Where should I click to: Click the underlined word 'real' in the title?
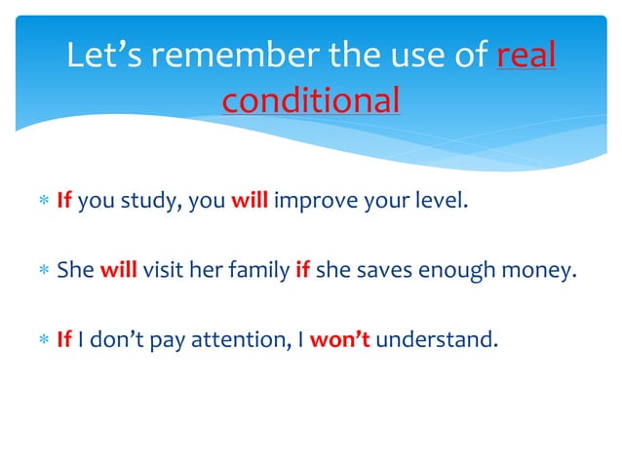(x=526, y=57)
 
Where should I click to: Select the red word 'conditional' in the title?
(x=310, y=99)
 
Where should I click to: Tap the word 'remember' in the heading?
(x=234, y=57)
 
